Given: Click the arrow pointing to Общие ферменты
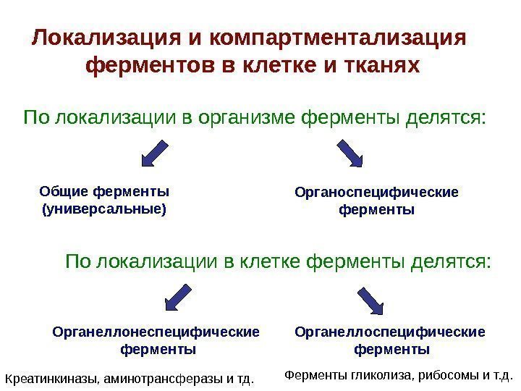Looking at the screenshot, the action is coord(153,154).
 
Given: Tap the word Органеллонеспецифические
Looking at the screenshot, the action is coord(156,332).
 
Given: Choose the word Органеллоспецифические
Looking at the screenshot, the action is coord(391,332).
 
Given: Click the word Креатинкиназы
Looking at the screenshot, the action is coord(48,378).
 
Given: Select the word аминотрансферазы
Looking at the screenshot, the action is coord(162,378).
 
